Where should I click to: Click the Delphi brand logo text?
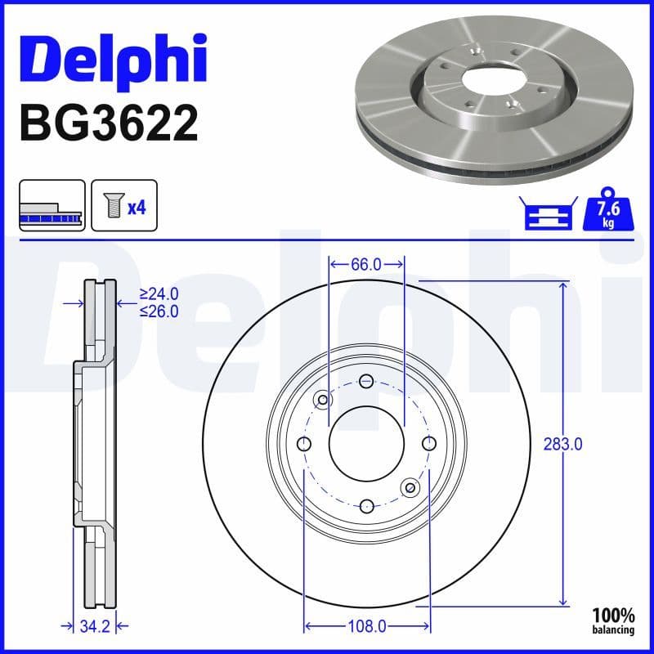pyautogui.click(x=112, y=55)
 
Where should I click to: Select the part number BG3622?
pyautogui.click(x=108, y=123)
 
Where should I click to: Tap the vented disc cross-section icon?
pyautogui.click(x=52, y=206)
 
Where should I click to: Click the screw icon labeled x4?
pyautogui.click(x=123, y=206)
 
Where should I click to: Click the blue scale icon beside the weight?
pyautogui.click(x=548, y=215)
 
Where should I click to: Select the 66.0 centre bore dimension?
pyautogui.click(x=366, y=264)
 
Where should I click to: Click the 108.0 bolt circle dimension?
pyautogui.click(x=366, y=627)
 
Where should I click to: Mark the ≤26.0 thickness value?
pyautogui.click(x=159, y=311)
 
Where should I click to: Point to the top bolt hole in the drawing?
pyautogui.click(x=366, y=381)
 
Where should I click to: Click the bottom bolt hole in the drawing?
pyautogui.click(x=366, y=505)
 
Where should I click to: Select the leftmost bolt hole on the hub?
pyautogui.click(x=304, y=443)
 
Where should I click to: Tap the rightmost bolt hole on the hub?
pyautogui.click(x=428, y=443)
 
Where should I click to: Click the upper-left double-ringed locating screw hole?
pyautogui.click(x=323, y=400)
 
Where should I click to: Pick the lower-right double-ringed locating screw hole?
pyautogui.click(x=410, y=487)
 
